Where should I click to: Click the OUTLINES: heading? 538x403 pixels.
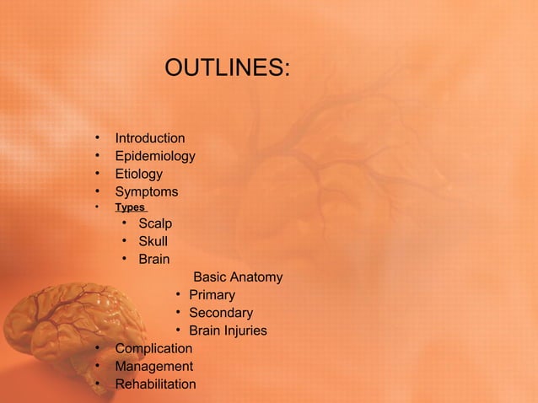pos(227,67)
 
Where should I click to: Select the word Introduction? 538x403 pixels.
pos(150,138)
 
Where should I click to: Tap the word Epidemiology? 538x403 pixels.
pos(155,156)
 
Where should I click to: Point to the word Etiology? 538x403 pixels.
pos(139,175)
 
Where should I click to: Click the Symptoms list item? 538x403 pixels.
pos(147,192)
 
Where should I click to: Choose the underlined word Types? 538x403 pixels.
pos(130,207)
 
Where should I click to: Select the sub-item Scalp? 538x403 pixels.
pos(155,224)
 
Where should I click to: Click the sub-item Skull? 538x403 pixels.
pos(153,242)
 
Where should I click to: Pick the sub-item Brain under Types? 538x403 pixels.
pos(154,260)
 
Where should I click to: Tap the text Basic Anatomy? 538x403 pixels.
pos(238,277)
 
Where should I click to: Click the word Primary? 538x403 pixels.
pos(212,295)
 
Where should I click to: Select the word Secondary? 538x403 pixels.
pos(221,314)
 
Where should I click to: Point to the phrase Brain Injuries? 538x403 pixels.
pos(228,331)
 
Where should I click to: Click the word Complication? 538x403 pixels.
pos(153,349)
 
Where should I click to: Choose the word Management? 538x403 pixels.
pos(153,367)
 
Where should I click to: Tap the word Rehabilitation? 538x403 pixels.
pos(155,384)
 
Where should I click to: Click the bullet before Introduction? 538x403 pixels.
pos(98,137)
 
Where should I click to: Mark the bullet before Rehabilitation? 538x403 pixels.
pos(98,384)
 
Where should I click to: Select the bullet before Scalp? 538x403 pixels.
pos(123,223)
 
